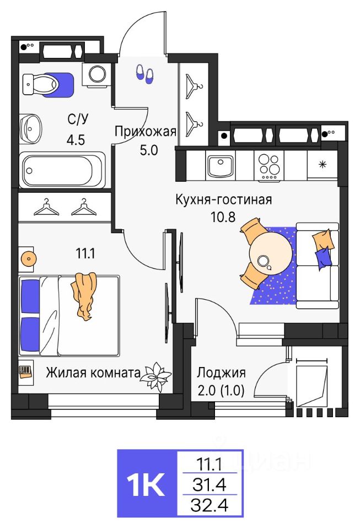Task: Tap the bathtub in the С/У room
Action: point(62,169)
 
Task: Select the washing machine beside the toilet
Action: point(98,74)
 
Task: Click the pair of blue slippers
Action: point(145,74)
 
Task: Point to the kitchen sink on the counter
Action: point(221,164)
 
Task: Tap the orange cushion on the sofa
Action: point(323,239)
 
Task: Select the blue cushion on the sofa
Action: point(324,257)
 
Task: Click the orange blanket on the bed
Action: point(84,295)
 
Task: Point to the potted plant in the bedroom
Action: point(155,375)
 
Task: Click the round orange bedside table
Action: point(28,257)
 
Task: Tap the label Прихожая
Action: point(145,131)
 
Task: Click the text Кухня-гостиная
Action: point(223,199)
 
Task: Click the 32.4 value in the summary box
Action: point(209,504)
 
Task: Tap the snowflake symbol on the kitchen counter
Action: point(323,165)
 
